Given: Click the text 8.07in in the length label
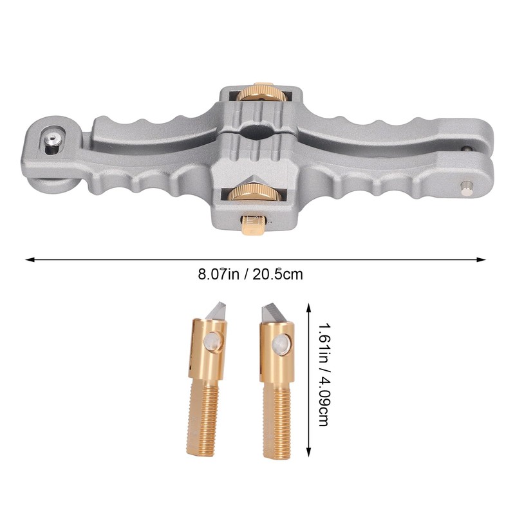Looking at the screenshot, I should [219, 274].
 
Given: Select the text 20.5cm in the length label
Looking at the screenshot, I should [278, 274].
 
